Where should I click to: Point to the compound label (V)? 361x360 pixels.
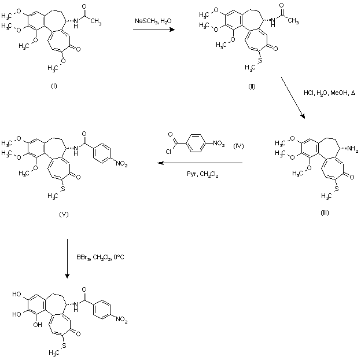pyautogui.click(x=64, y=214)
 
